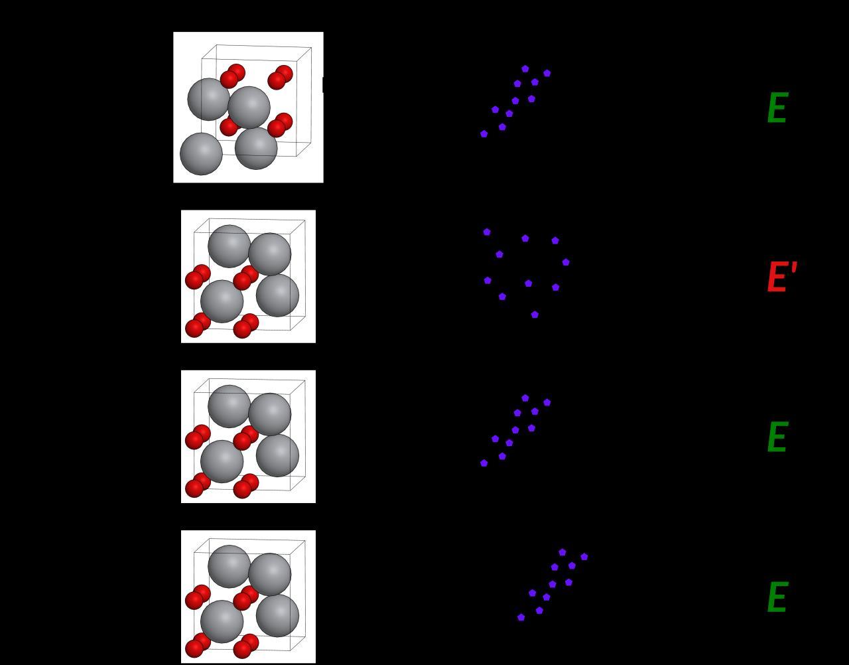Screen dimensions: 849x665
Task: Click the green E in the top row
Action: point(777,108)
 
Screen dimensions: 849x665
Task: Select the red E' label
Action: point(781,277)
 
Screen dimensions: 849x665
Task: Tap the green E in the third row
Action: point(777,438)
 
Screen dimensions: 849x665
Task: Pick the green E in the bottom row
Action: point(777,598)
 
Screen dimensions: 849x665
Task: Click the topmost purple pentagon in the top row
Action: point(525,68)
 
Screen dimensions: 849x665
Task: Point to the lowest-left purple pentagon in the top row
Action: point(484,134)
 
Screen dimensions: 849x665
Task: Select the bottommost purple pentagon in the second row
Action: point(535,315)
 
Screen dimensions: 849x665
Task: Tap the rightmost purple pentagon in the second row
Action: point(566,262)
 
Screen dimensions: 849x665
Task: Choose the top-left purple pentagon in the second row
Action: point(487,232)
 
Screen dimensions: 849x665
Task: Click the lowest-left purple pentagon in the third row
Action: point(484,463)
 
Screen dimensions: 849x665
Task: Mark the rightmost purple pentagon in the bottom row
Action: point(584,557)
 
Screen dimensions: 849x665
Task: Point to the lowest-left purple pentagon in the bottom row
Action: point(521,617)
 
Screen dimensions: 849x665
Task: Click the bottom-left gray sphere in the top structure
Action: point(201,154)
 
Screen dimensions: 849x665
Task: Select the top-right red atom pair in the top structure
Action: point(280,77)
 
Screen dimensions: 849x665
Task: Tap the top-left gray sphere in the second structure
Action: point(229,246)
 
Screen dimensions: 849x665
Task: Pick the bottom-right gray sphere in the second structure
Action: point(277,295)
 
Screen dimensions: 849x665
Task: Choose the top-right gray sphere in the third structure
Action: point(269,414)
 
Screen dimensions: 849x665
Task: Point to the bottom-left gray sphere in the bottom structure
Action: point(222,622)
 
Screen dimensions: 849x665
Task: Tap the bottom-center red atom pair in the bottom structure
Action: point(245,646)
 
